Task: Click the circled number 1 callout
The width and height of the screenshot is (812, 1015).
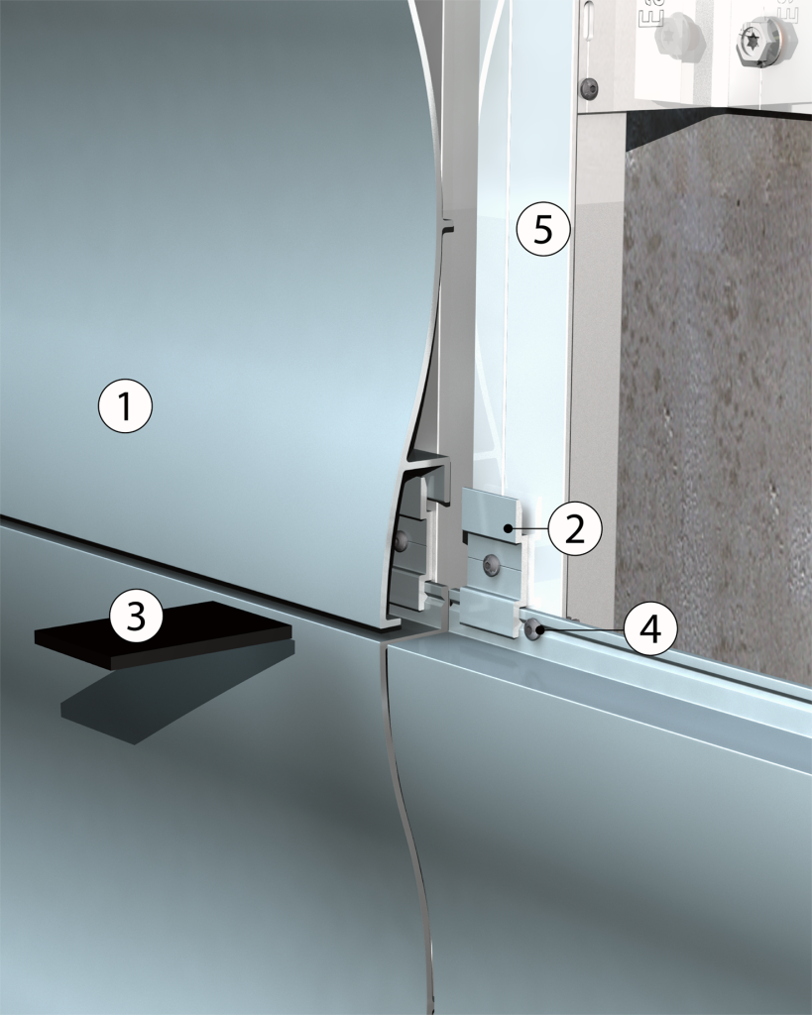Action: (x=125, y=407)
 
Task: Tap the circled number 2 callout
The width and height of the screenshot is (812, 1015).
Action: (x=574, y=529)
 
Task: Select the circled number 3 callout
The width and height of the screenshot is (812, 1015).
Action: (x=136, y=616)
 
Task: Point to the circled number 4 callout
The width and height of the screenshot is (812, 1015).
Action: (x=650, y=628)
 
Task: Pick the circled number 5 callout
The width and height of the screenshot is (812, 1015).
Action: (x=543, y=229)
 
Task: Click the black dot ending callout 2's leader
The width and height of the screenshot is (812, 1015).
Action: (x=513, y=529)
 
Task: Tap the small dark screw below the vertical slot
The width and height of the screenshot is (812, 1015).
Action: (x=590, y=87)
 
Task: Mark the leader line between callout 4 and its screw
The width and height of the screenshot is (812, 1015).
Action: (x=583, y=628)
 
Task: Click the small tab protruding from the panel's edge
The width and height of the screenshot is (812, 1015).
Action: (x=449, y=228)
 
